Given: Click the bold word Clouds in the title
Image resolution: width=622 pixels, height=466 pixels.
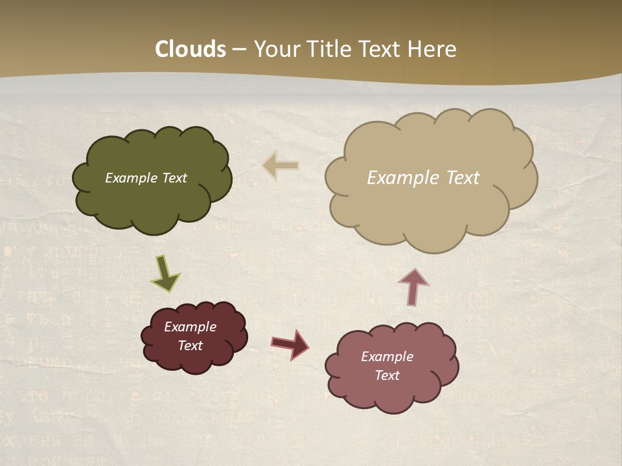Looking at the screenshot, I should (190, 49).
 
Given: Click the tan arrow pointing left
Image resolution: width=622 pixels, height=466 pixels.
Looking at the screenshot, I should (281, 166).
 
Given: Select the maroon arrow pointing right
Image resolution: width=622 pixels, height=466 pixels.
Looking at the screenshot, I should (290, 344).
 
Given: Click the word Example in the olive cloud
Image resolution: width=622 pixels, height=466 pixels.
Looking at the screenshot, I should (130, 178).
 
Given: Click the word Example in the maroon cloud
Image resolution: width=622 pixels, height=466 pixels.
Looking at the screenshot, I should (190, 327).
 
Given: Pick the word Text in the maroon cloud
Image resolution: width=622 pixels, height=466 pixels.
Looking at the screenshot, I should (190, 346).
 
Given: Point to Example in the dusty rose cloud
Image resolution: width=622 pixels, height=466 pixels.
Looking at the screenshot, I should (387, 357).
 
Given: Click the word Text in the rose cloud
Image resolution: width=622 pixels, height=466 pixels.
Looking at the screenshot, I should (387, 375).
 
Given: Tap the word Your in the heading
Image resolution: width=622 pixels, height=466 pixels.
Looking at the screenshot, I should (274, 49).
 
